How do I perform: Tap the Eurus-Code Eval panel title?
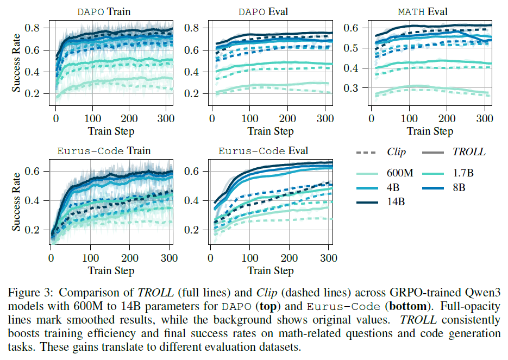pos(263,151)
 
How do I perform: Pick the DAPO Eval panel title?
pos(264,11)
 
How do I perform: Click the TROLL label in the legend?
pos(469,153)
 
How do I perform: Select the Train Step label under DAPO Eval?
pos(271,131)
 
